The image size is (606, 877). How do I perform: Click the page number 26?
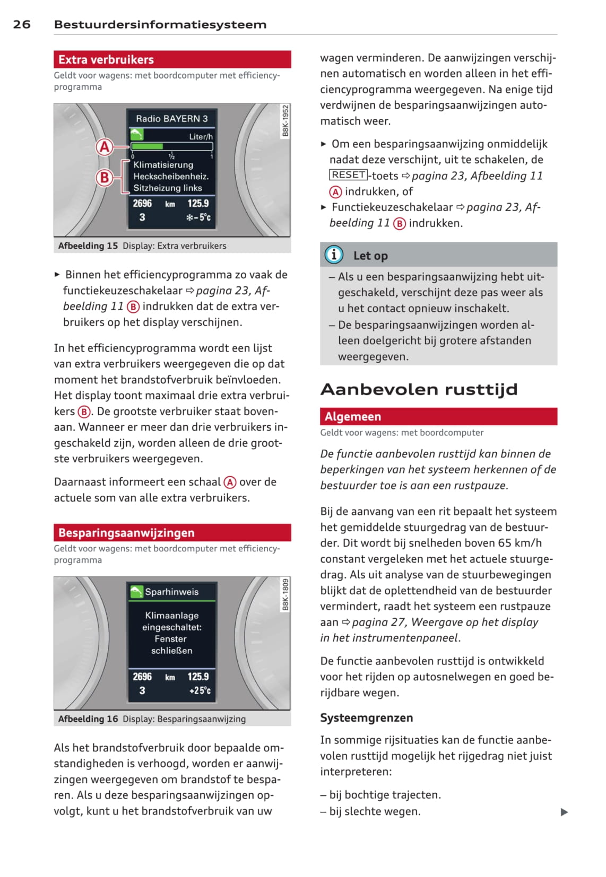[x=22, y=24]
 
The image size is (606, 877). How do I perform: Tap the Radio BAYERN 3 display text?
[x=171, y=119]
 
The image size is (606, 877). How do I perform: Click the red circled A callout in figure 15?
[x=105, y=147]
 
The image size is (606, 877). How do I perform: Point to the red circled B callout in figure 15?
[x=105, y=177]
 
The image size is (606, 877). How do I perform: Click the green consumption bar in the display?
[x=147, y=146]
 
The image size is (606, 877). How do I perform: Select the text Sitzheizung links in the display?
[x=168, y=188]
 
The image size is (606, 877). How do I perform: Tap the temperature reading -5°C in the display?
[x=198, y=217]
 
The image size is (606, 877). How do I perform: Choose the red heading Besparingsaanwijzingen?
[x=126, y=532]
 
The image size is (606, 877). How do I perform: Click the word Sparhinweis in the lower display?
[x=171, y=592]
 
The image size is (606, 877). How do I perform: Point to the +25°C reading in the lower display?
[x=200, y=690]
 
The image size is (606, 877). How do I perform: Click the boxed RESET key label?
[x=348, y=175]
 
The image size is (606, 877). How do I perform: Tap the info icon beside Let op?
[x=334, y=255]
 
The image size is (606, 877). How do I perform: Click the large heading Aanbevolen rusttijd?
[x=419, y=389]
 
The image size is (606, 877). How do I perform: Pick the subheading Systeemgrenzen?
[x=366, y=717]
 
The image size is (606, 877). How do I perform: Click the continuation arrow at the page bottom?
[x=564, y=812]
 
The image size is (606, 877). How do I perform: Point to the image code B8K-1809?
[x=285, y=594]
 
